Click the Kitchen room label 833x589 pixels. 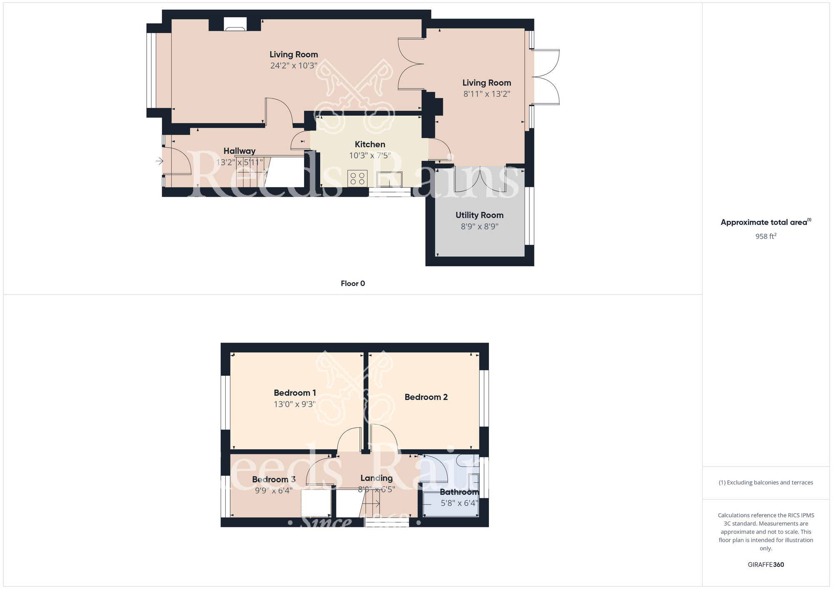[x=370, y=145]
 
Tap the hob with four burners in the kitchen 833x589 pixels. [x=357, y=179]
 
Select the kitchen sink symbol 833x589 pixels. [x=389, y=179]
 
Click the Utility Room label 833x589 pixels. [x=479, y=215]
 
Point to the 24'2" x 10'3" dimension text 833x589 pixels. [x=294, y=66]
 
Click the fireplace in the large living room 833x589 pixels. [x=235, y=24]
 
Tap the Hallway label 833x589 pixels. [x=239, y=151]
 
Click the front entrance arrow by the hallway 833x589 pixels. [x=159, y=161]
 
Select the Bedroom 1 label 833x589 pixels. [x=295, y=393]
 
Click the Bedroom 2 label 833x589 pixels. [x=426, y=397]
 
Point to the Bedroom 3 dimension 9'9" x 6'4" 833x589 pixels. [x=274, y=491]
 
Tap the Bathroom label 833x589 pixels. [x=459, y=492]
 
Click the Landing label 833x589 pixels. [x=377, y=478]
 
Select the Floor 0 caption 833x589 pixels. [x=353, y=284]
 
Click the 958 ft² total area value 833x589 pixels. [x=766, y=236]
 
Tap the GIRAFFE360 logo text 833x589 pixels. [x=766, y=565]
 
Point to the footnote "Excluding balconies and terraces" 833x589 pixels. [x=766, y=483]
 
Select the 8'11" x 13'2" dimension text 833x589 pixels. [x=486, y=94]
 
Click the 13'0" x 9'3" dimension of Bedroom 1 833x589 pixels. [x=294, y=404]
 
